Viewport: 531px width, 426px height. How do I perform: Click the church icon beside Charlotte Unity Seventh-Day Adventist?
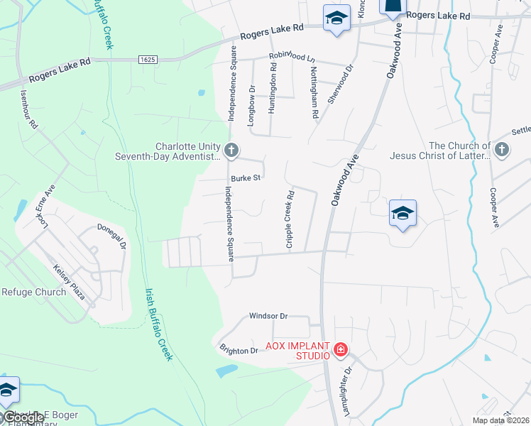click(x=231, y=150)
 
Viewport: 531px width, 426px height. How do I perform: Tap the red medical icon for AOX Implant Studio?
click(x=341, y=349)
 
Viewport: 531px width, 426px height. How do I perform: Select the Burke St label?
click(x=246, y=177)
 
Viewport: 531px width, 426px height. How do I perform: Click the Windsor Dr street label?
click(x=268, y=315)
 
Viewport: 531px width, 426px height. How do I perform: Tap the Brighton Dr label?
click(x=237, y=350)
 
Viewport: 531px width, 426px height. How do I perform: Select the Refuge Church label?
click(x=33, y=292)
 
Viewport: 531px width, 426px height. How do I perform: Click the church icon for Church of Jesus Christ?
click(x=502, y=150)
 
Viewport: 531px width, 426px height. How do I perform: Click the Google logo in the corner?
click(x=23, y=417)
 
